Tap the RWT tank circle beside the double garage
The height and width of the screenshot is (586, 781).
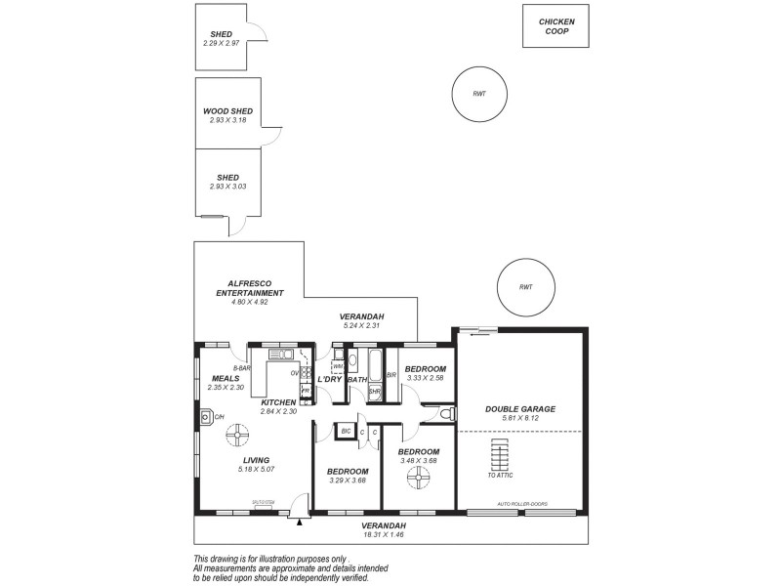(x=525, y=287)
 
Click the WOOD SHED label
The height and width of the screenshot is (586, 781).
(x=227, y=111)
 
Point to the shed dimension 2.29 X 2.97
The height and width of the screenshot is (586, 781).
(x=221, y=43)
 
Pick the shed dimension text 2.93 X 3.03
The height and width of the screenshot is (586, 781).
(x=227, y=187)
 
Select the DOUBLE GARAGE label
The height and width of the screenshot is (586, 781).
(x=521, y=409)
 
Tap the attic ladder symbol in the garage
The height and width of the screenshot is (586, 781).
(x=499, y=454)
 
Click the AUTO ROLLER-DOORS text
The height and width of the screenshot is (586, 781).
(x=523, y=504)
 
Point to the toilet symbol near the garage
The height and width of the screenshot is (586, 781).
(x=445, y=415)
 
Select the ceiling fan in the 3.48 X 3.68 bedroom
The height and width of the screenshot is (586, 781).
(x=418, y=478)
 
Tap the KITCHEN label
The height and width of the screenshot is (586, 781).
(x=278, y=402)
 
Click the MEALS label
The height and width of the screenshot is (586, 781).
(x=226, y=379)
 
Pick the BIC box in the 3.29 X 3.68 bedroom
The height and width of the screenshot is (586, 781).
(x=345, y=431)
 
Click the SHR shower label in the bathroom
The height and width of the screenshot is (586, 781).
(x=374, y=392)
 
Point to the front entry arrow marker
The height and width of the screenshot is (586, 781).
(x=300, y=521)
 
